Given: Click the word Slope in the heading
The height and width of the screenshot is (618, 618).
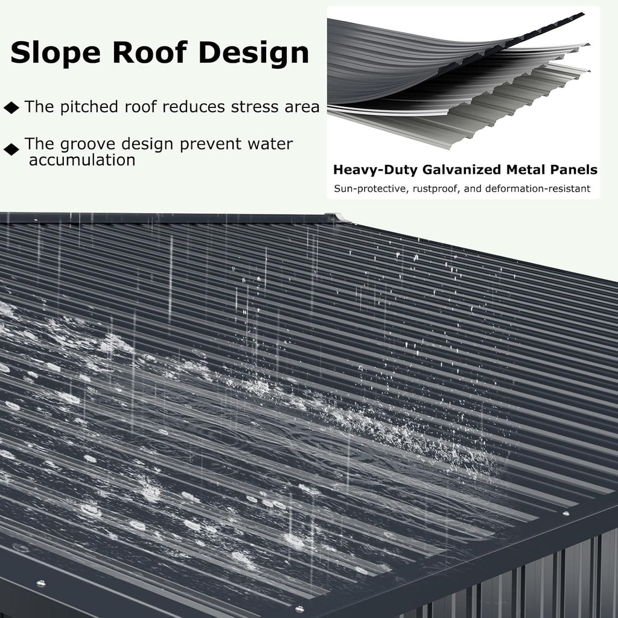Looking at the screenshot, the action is click(55, 53).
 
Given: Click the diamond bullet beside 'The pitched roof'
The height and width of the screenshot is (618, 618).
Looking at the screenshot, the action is click(11, 107).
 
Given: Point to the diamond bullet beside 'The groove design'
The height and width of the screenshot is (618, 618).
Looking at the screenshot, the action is click(11, 150).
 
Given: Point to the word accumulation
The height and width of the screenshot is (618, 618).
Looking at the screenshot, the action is click(82, 160).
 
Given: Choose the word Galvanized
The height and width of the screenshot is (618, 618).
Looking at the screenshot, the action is click(462, 170).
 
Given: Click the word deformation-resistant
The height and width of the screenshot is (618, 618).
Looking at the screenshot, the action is click(538, 188).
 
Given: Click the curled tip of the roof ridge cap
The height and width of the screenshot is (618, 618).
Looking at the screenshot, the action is click(342, 217).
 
